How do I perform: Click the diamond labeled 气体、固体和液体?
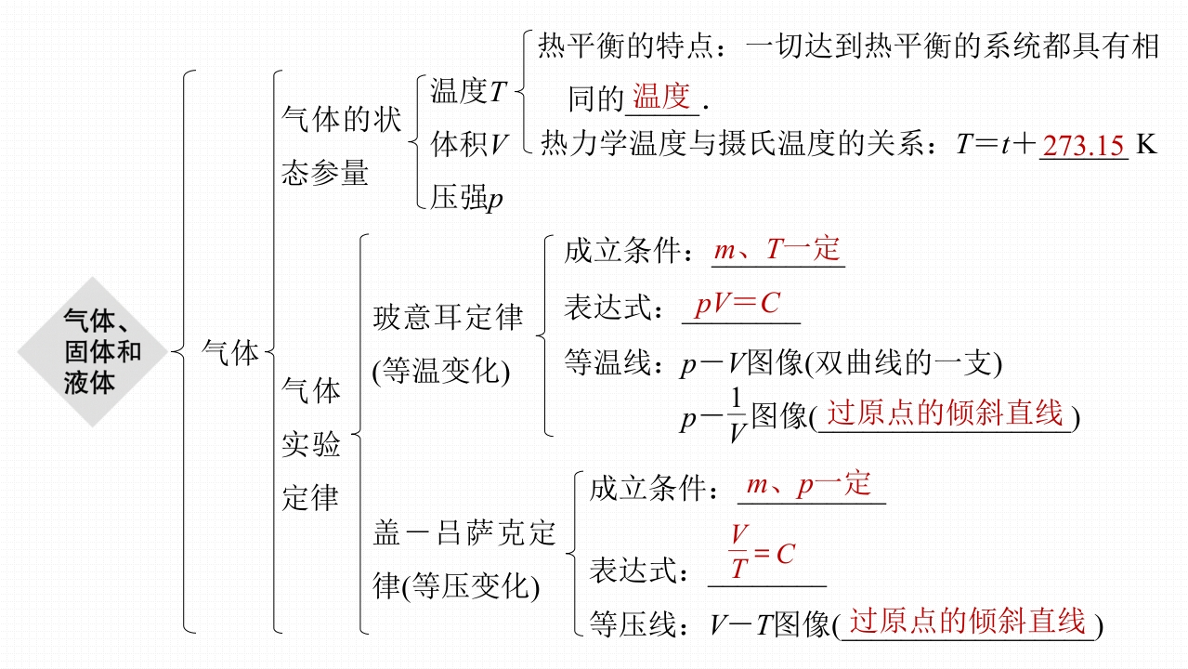pos(91,352)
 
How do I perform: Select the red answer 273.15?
pos(1083,146)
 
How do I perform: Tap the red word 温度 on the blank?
pos(661,97)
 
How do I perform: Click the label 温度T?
pos(469,91)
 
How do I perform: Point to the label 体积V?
pos(470,144)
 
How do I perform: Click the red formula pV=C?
pos(738,303)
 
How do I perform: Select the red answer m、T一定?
pos(777,249)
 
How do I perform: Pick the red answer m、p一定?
pos(809,484)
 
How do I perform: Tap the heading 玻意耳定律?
pos(448,317)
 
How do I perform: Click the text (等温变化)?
pos(441,371)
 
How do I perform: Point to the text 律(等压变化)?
pos(456,586)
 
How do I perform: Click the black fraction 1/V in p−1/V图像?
pos(737,415)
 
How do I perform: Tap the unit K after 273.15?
pos(1146,145)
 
